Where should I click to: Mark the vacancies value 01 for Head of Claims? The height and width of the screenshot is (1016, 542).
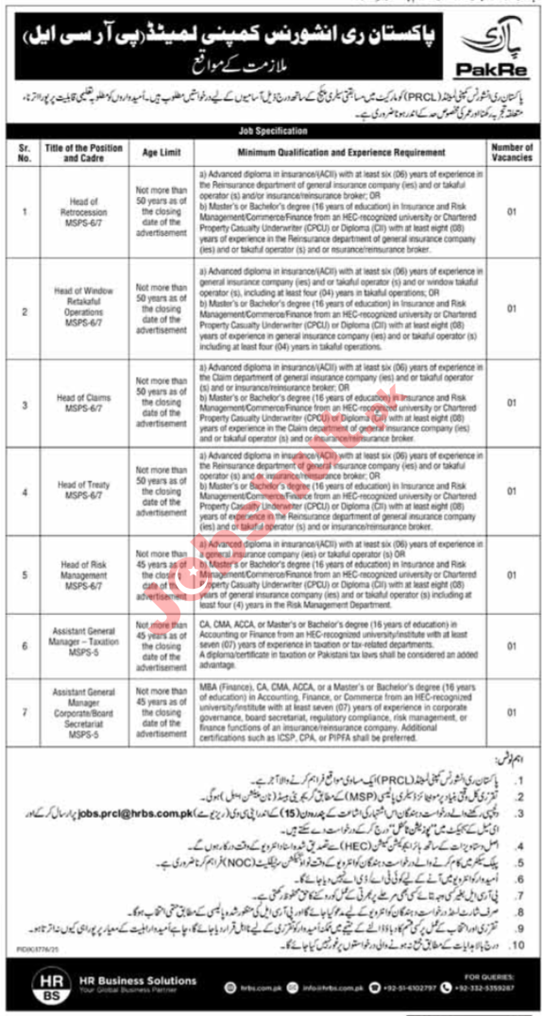click(512, 403)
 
